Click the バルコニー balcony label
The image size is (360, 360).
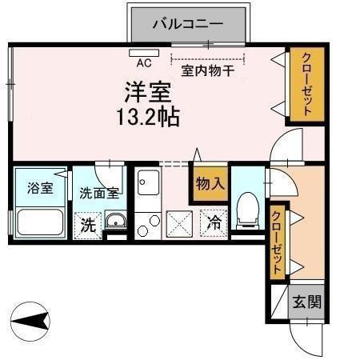(188, 24)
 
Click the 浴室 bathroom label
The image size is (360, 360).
(39, 190)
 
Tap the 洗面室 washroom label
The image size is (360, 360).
(98, 192)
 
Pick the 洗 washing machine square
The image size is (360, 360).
(87, 225)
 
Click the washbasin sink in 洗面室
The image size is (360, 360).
(115, 224)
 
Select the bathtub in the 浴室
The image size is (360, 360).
(40, 222)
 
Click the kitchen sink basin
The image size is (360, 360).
(147, 187)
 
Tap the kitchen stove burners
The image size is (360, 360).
(147, 225)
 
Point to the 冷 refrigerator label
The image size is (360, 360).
(214, 223)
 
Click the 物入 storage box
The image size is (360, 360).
(210, 183)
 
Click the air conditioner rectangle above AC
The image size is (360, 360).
(145, 53)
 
